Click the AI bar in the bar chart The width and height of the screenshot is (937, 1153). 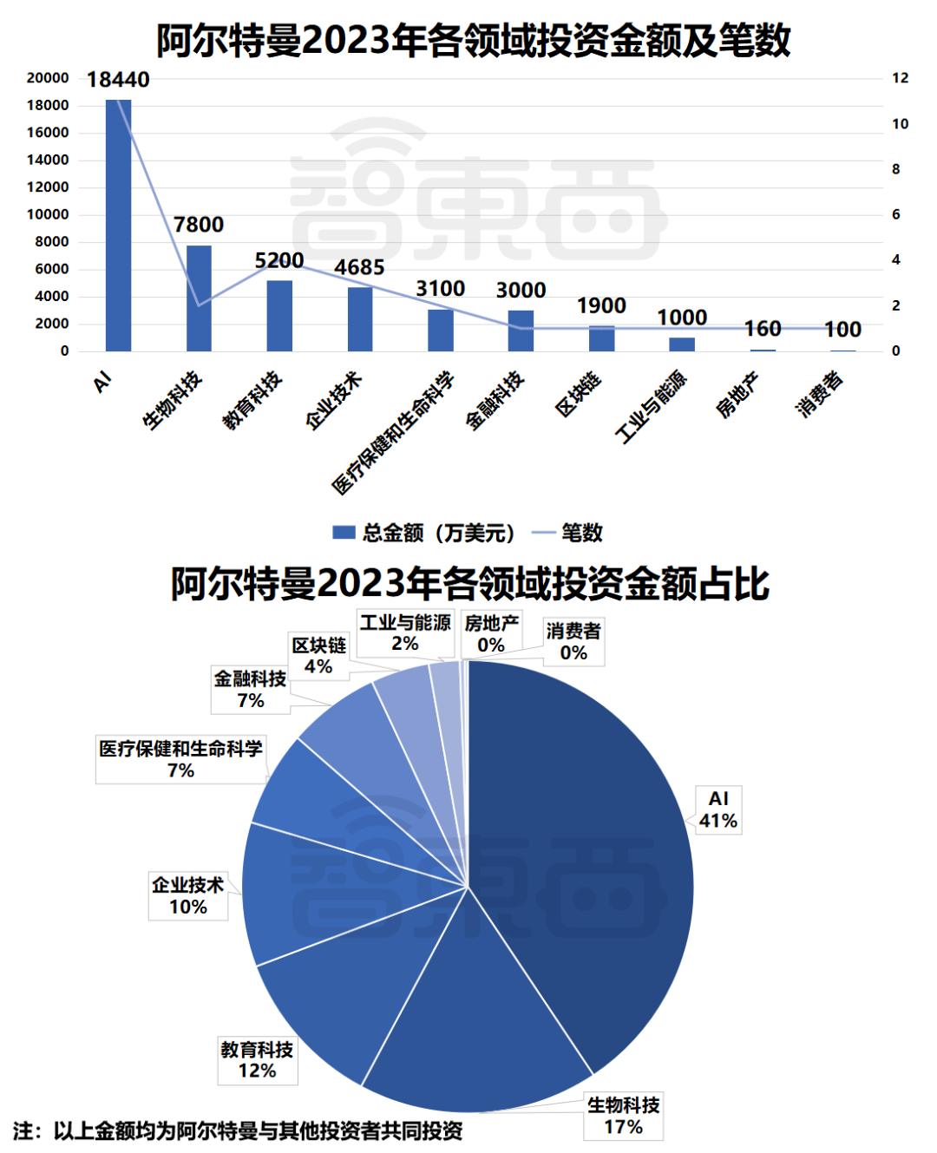tap(118, 226)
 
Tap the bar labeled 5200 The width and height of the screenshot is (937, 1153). tap(279, 316)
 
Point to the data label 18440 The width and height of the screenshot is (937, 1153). tap(118, 80)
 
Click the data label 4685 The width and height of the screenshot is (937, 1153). tap(359, 267)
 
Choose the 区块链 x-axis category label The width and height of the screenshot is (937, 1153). tap(579, 395)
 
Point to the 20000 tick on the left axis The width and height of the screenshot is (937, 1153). tap(48, 78)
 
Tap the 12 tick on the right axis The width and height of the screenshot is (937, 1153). tap(900, 78)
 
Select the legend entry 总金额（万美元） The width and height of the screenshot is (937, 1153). tap(425, 533)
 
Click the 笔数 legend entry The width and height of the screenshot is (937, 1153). tap(569, 533)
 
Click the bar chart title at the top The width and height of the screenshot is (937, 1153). tap(473, 41)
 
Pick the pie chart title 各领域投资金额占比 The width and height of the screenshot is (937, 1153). tap(469, 584)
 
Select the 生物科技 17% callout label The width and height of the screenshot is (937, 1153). tap(623, 1116)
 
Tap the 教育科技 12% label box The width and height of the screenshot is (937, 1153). tap(257, 1060)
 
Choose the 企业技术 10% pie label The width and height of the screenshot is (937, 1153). tap(187, 895)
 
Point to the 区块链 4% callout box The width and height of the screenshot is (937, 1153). tap(318, 656)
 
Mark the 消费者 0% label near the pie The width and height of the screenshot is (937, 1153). tap(573, 642)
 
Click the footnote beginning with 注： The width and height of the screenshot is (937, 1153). tap(238, 1130)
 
